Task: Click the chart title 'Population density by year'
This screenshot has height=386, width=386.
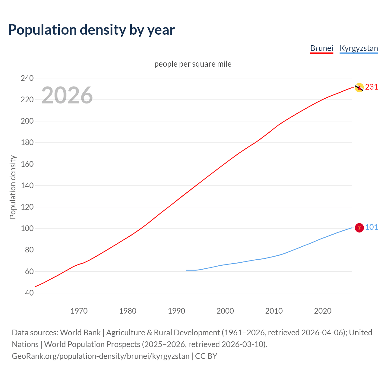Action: [91, 30]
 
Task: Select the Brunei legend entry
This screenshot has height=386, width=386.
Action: [321, 48]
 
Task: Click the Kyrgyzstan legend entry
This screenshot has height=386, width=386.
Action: [359, 48]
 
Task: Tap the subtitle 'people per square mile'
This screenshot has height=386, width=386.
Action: [193, 64]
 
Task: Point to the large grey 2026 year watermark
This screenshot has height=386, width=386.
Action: [67, 95]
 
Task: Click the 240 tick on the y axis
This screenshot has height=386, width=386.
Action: [27, 78]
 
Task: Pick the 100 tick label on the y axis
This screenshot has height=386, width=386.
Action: [27, 228]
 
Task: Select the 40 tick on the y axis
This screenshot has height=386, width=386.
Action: [29, 293]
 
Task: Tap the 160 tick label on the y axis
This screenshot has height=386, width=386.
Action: [27, 164]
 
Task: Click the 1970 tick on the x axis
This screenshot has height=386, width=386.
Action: [79, 311]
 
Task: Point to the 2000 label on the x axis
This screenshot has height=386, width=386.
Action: [225, 311]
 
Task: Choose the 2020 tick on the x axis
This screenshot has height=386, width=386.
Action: [323, 311]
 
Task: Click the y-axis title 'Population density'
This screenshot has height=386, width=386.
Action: [13, 187]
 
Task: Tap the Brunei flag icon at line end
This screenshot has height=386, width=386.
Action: [359, 87]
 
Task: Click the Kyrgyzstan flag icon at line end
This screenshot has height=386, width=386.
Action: [359, 228]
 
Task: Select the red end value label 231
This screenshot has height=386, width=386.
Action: [372, 87]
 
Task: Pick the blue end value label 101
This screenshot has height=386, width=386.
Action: [372, 227]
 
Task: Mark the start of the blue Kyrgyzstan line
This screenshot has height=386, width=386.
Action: [187, 270]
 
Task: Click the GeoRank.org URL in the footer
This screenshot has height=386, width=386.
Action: [100, 356]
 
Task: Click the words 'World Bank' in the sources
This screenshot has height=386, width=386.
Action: [80, 333]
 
